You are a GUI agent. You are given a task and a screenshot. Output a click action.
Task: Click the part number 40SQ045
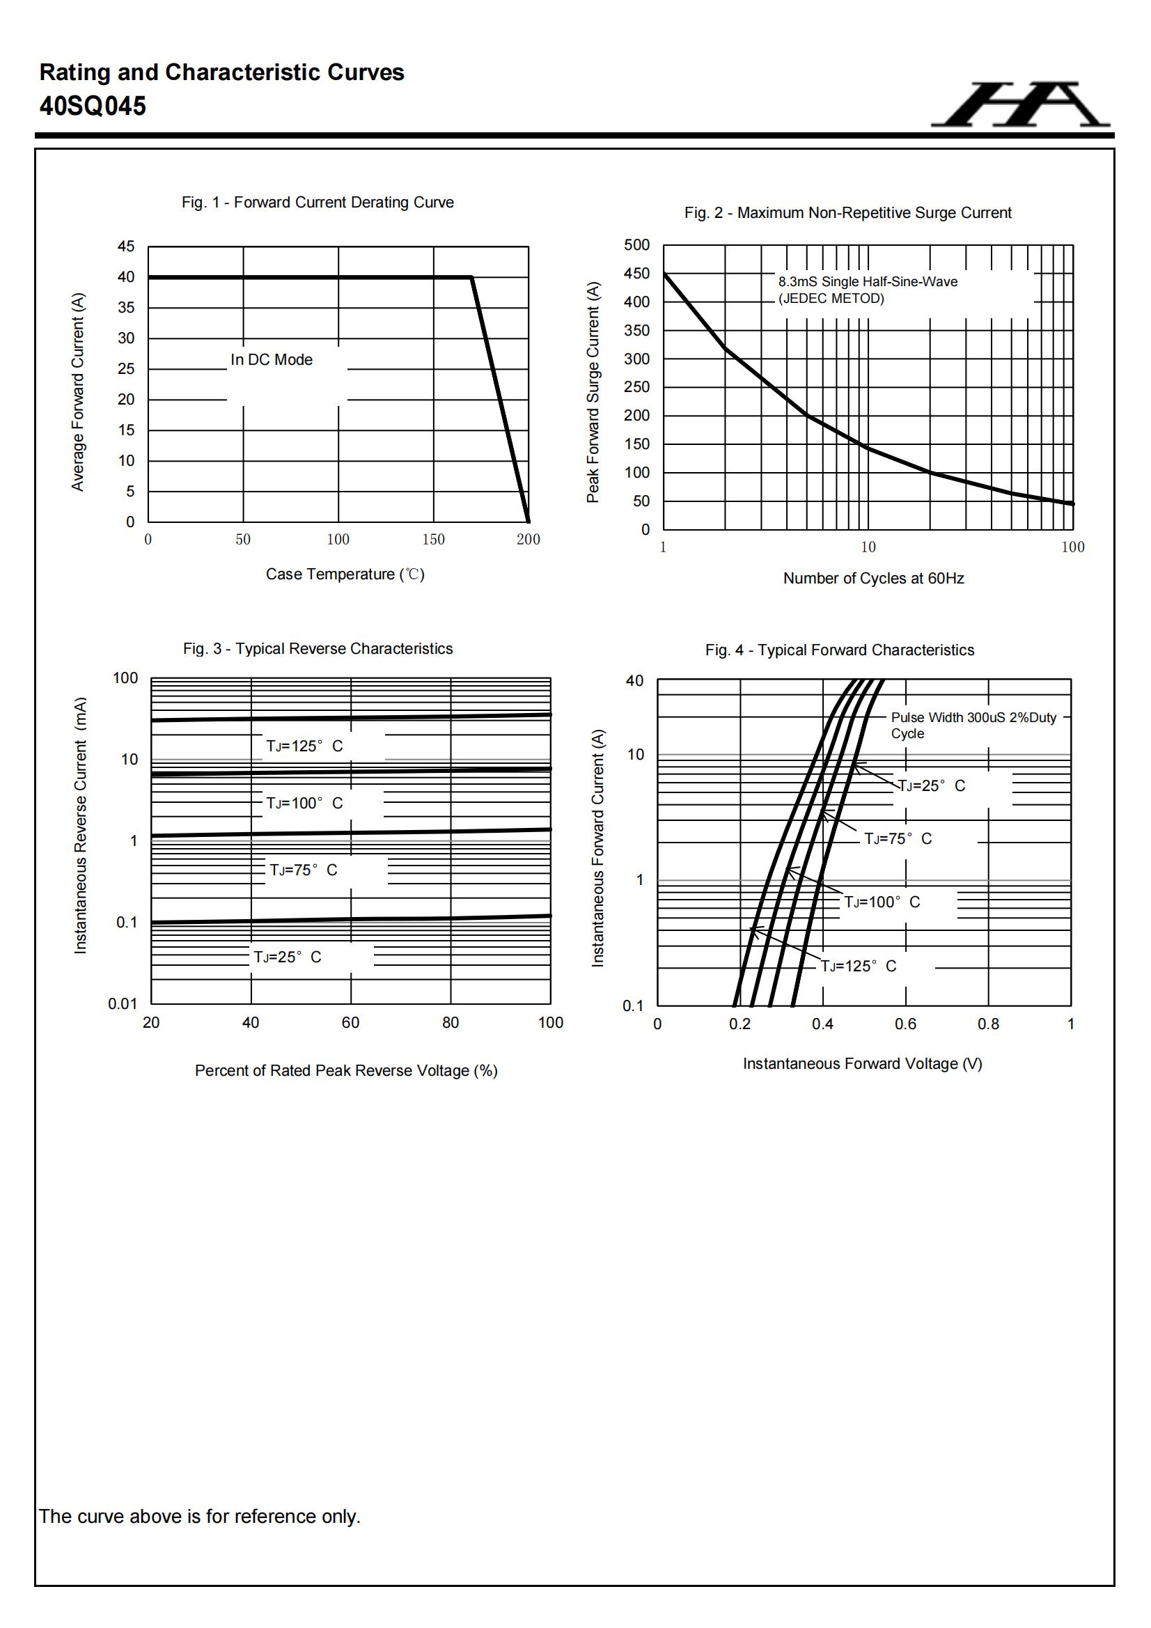tap(93, 107)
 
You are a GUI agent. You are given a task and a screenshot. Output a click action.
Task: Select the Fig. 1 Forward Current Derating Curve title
tap(317, 203)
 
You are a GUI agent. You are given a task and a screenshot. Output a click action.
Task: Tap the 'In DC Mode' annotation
tap(272, 360)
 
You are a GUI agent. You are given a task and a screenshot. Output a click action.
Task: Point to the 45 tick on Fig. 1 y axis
tap(125, 246)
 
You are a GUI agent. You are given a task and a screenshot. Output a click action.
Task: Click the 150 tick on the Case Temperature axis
tap(433, 540)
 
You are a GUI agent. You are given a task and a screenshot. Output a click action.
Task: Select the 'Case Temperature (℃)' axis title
tap(345, 574)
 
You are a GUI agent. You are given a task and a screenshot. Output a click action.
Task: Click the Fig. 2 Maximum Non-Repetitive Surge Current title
tap(847, 212)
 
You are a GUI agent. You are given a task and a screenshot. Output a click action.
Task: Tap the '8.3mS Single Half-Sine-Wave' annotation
tap(868, 282)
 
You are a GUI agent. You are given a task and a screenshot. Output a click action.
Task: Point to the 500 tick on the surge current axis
tap(636, 245)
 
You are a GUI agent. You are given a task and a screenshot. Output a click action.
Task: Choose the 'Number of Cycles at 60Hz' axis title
tap(873, 579)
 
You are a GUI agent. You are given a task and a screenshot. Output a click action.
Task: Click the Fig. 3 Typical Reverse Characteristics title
tap(318, 649)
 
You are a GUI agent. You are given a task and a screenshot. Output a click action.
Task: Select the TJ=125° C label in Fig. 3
tap(304, 746)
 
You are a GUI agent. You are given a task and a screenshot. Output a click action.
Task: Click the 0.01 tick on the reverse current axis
tap(123, 1004)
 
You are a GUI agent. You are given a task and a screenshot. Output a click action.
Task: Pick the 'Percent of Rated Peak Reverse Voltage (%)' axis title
tap(346, 1071)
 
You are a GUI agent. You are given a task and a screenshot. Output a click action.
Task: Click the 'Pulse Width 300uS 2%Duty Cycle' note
tap(973, 726)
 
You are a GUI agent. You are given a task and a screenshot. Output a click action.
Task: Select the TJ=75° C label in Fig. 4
tap(897, 840)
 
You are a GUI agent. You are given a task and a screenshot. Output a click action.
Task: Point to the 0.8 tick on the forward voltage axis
tap(988, 1024)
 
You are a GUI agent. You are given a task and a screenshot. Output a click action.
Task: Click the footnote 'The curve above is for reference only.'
tap(199, 1517)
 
